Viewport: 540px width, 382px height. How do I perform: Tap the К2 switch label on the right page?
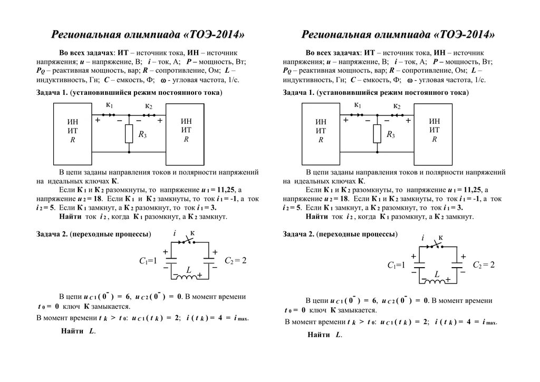[396, 106]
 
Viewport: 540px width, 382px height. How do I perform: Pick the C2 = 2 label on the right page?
[484, 265]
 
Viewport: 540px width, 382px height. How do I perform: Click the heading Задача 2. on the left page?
[52, 234]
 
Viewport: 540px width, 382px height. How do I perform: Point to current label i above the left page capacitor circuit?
[175, 233]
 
